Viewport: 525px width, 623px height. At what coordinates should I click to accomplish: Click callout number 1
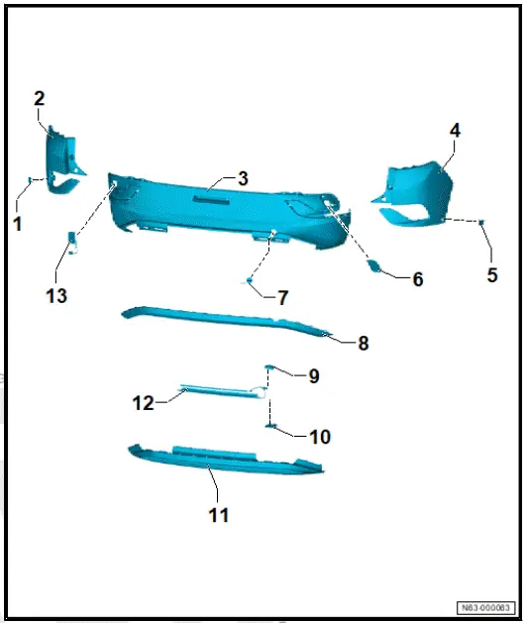[x=18, y=224]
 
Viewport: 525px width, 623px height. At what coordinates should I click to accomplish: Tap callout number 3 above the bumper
[x=243, y=178]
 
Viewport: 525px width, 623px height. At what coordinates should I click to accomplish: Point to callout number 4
[x=455, y=130]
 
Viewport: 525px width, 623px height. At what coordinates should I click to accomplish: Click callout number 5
[x=492, y=275]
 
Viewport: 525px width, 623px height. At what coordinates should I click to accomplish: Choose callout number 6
[x=417, y=279]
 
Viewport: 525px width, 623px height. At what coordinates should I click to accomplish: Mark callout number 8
[x=363, y=344]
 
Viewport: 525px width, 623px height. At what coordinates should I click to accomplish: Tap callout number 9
[x=313, y=376]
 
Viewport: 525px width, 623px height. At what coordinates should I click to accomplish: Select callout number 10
[x=319, y=436]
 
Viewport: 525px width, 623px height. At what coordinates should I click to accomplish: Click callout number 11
[x=218, y=515]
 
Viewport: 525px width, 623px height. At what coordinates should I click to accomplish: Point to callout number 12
[x=144, y=402]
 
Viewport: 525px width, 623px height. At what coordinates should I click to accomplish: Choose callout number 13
[x=56, y=295]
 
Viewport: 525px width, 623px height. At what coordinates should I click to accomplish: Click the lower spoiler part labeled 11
[x=228, y=461]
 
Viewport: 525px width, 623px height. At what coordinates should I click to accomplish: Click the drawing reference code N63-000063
[x=486, y=607]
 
